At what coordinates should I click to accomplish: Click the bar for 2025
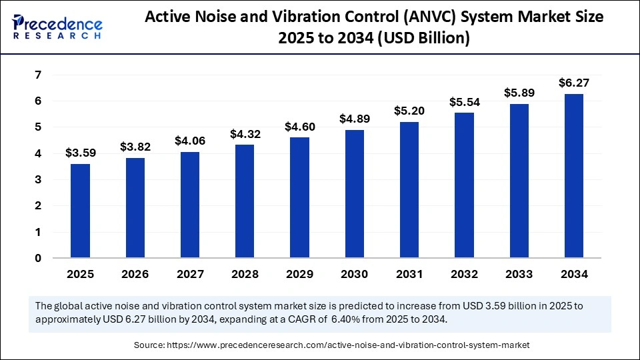81,211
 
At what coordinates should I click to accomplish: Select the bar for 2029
299,197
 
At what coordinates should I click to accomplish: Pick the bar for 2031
409,190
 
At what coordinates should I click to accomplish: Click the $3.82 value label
135,147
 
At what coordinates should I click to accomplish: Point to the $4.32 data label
245,133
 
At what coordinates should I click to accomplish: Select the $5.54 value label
464,102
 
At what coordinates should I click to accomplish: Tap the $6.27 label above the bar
573,83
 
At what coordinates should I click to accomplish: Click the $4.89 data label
355,119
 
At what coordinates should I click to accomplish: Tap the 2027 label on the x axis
190,274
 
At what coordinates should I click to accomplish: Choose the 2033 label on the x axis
519,274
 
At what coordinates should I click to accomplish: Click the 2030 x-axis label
355,274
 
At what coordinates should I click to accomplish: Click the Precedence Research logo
57,27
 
